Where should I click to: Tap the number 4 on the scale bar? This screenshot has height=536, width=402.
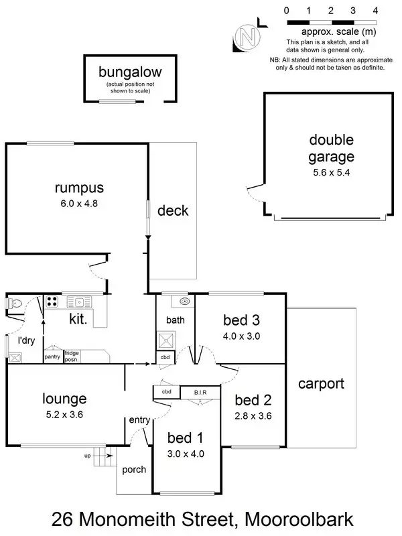pos(375,11)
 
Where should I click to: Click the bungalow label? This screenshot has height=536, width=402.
pos(130,72)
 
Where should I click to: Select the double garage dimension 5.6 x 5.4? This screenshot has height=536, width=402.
pos(331,172)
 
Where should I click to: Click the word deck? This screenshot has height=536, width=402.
pos(173,211)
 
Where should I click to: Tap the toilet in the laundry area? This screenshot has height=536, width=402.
pos(17,304)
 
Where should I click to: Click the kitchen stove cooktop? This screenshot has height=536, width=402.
pos(53,303)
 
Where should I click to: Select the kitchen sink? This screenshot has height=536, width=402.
pos(79,302)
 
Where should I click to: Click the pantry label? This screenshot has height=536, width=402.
pos(52,356)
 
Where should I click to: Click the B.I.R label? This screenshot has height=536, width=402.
pos(200,393)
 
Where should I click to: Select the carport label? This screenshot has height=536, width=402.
pos(321,385)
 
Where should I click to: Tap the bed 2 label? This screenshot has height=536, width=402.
pos(253,401)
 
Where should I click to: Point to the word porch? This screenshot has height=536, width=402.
pos(133,470)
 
